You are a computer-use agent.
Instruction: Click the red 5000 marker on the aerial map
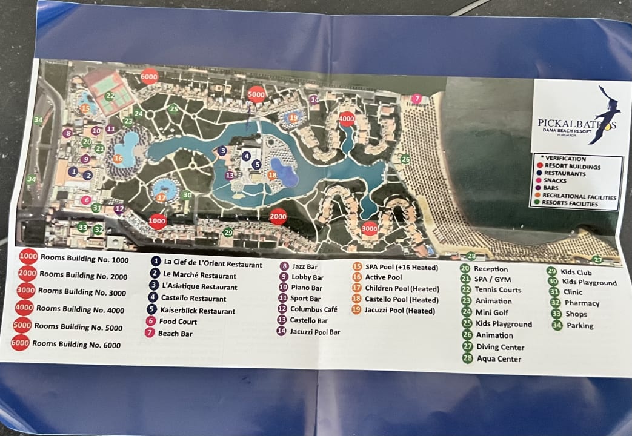tap(256, 94)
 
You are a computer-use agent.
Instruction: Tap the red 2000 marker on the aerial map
tap(278, 216)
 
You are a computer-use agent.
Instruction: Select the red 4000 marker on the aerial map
tap(347, 119)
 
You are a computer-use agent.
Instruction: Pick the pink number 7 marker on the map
tap(416, 98)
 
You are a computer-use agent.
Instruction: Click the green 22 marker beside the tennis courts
tap(110, 96)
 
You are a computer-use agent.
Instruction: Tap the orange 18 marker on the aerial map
tap(273, 175)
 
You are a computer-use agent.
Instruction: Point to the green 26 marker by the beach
tap(405, 159)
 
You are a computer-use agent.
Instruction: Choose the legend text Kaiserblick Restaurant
tap(196, 311)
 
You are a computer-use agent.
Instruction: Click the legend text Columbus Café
tap(313, 309)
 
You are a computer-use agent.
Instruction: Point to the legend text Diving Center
tap(500, 347)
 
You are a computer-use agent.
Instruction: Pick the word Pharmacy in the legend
tap(582, 303)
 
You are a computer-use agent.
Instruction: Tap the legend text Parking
tap(580, 326)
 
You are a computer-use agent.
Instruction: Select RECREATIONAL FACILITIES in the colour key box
tap(580, 197)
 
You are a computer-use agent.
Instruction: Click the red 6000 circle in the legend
tap(20, 343)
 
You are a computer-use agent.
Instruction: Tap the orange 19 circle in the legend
tap(357, 310)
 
